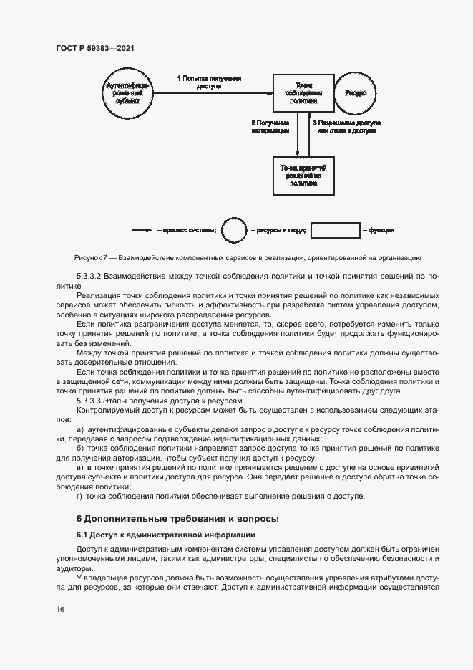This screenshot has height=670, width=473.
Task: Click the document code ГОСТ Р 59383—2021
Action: coord(95,48)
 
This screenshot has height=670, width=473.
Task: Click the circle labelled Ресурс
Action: coord(355,93)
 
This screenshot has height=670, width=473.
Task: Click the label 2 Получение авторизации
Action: coord(270,128)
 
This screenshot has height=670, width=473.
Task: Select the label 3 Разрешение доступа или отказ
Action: coord(347,128)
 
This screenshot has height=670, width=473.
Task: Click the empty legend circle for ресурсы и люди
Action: coord(233,231)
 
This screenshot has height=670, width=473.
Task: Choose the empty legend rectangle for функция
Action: coord(336,231)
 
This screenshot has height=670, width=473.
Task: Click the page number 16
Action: coord(60,609)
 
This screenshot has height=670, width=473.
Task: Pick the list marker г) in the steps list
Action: coord(79,496)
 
